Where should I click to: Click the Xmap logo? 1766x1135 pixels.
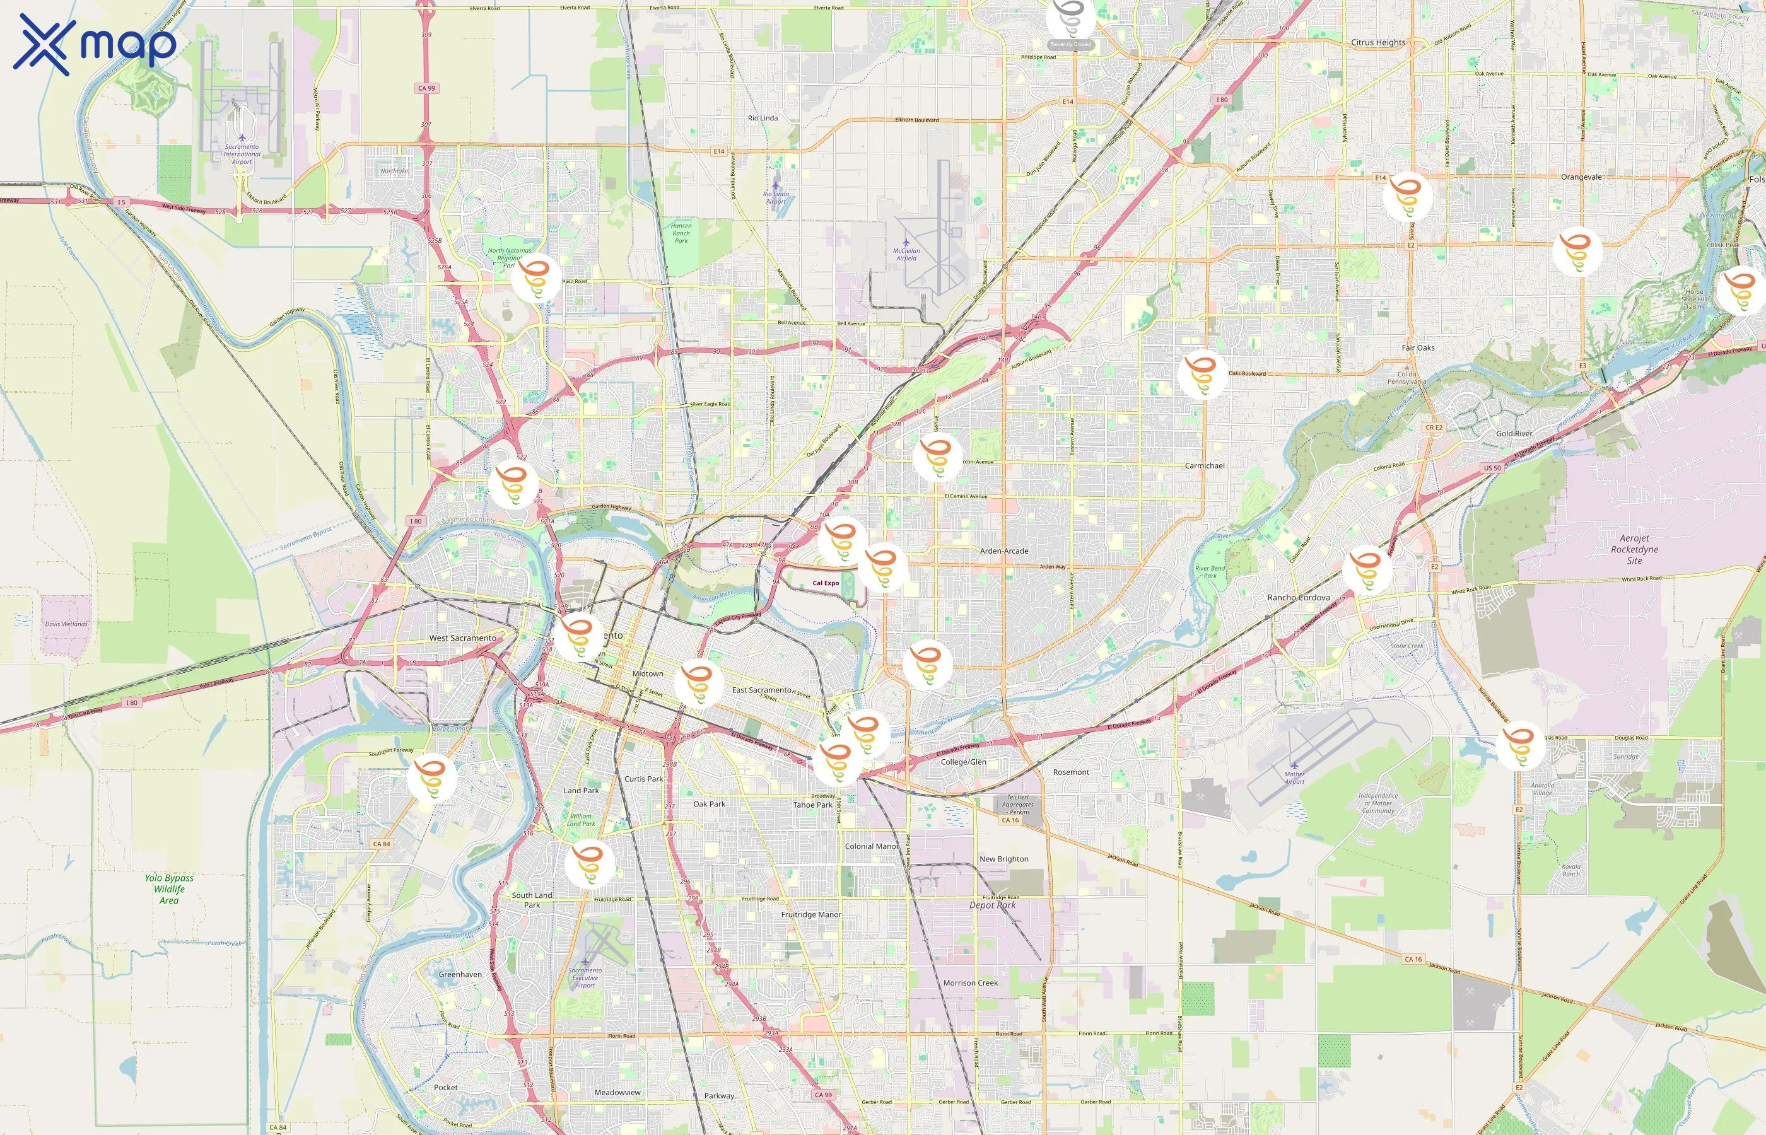click(x=95, y=44)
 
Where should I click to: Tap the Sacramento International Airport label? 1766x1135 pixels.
click(x=242, y=153)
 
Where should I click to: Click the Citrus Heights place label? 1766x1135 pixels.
click(x=1377, y=43)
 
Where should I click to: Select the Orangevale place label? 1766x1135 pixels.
click(x=1581, y=177)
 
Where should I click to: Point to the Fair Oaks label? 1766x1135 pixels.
click(x=1417, y=348)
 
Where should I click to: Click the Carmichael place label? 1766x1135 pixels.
click(x=1205, y=466)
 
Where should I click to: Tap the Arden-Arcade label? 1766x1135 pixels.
click(x=1004, y=550)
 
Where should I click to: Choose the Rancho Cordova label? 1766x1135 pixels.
click(x=1298, y=598)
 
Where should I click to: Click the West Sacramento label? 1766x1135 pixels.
click(x=462, y=638)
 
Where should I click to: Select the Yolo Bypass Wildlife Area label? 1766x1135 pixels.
click(x=169, y=889)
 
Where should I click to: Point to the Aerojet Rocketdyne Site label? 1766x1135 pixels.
click(x=1634, y=549)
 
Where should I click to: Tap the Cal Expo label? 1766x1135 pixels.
click(x=826, y=583)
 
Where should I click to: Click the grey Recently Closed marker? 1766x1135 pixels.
click(x=1070, y=21)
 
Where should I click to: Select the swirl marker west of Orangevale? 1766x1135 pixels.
click(x=1407, y=196)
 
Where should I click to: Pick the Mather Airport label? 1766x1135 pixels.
click(x=1294, y=777)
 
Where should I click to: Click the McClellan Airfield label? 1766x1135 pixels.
click(x=906, y=253)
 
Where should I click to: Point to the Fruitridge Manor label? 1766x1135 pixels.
click(x=810, y=915)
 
